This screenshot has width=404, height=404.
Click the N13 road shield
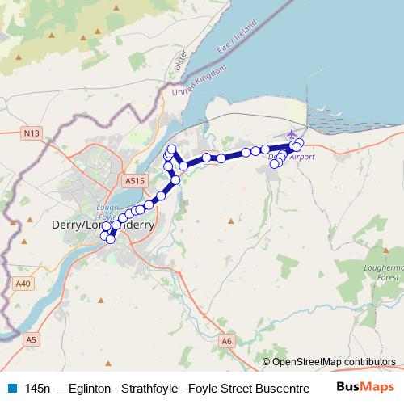32,132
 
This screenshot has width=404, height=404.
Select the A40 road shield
23,284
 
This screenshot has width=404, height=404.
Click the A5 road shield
32,339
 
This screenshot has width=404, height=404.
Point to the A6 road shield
227,342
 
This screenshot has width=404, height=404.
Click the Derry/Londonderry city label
102,225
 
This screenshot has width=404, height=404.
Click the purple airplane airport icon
291,133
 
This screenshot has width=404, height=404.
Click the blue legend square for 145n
11,389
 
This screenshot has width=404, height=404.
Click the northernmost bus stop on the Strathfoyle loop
171,148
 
